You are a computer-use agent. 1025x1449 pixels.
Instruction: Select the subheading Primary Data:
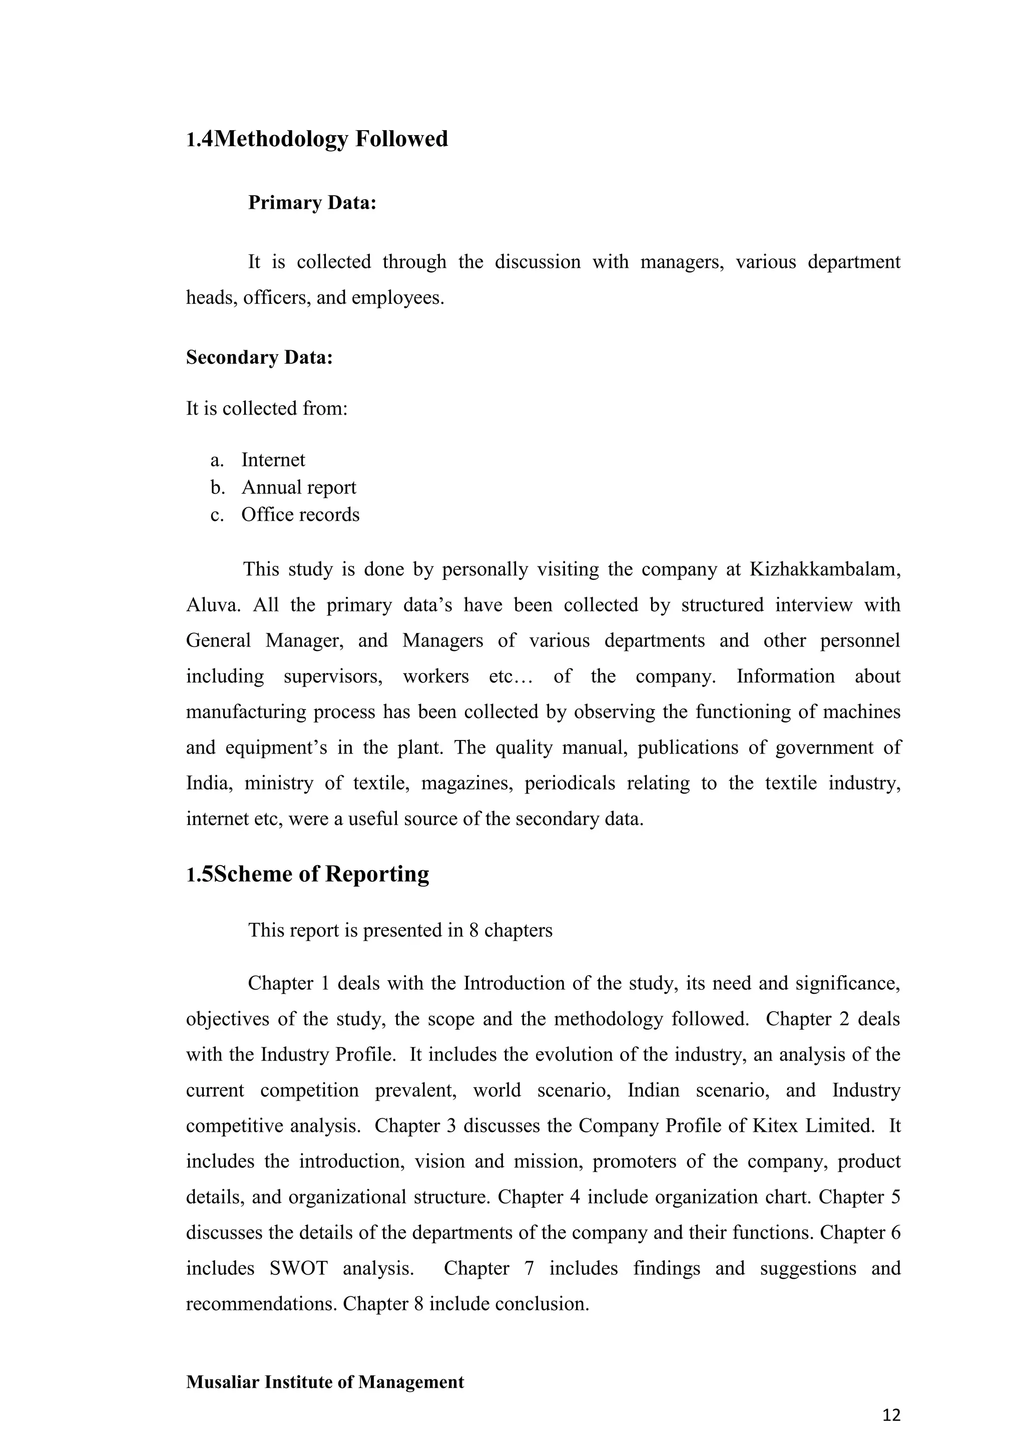tap(312, 203)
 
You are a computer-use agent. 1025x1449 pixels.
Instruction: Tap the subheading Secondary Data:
tap(259, 358)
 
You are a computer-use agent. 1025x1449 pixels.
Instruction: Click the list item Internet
tap(273, 460)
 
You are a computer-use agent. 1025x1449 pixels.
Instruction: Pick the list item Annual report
tap(298, 488)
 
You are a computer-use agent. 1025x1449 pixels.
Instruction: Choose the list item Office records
tap(300, 515)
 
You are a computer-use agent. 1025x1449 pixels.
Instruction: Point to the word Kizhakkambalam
tap(824, 569)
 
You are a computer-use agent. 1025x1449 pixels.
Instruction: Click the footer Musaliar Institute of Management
tap(324, 1382)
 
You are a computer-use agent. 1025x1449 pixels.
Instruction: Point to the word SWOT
tap(298, 1268)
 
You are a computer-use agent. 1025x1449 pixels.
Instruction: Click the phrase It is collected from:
tap(266, 409)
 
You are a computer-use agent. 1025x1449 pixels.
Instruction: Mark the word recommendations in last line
tap(260, 1304)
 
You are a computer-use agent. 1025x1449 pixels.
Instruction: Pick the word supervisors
tap(333, 676)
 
